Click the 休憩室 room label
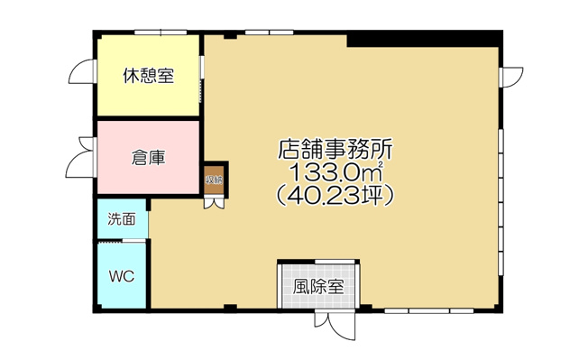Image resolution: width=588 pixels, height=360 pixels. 149,77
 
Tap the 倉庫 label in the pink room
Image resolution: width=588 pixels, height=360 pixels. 149,158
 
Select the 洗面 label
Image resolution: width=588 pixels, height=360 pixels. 122,218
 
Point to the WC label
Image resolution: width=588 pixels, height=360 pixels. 122,276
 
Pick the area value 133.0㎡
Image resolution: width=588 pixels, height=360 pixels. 335,171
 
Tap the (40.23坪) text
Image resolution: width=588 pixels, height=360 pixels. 335,193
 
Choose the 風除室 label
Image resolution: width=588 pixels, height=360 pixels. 318,288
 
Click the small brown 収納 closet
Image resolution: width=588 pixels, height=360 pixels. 214,179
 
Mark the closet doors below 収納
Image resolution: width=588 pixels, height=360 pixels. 214,201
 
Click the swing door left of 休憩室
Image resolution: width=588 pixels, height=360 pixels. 84,74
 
